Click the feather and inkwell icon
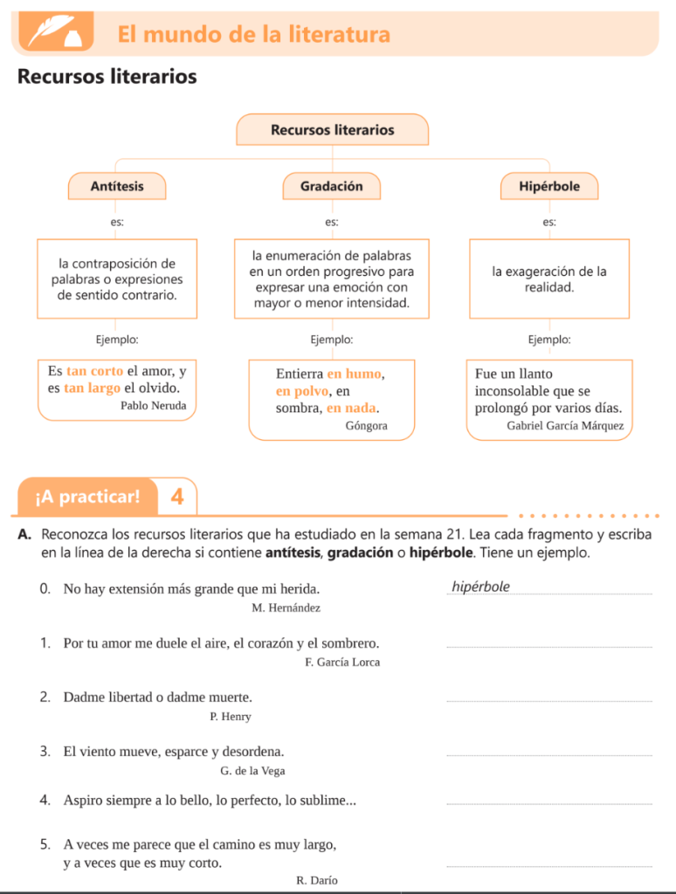tap(52, 33)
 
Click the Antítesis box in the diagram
tap(117, 186)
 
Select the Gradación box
tap(331, 186)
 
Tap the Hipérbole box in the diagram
tap(548, 186)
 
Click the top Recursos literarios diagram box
tap(332, 130)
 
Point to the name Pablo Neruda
tap(153, 405)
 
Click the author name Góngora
tap(366, 426)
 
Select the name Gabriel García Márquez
tap(565, 426)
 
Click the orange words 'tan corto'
tap(95, 371)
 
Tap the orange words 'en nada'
tap(352, 408)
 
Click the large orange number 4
tap(177, 498)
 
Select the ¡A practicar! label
tap(87, 498)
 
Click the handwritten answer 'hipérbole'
tap(481, 587)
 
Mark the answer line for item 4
tap(548, 803)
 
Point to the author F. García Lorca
tap(342, 663)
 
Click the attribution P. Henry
tap(231, 717)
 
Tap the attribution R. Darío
tap(317, 880)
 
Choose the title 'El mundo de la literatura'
tap(254, 35)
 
